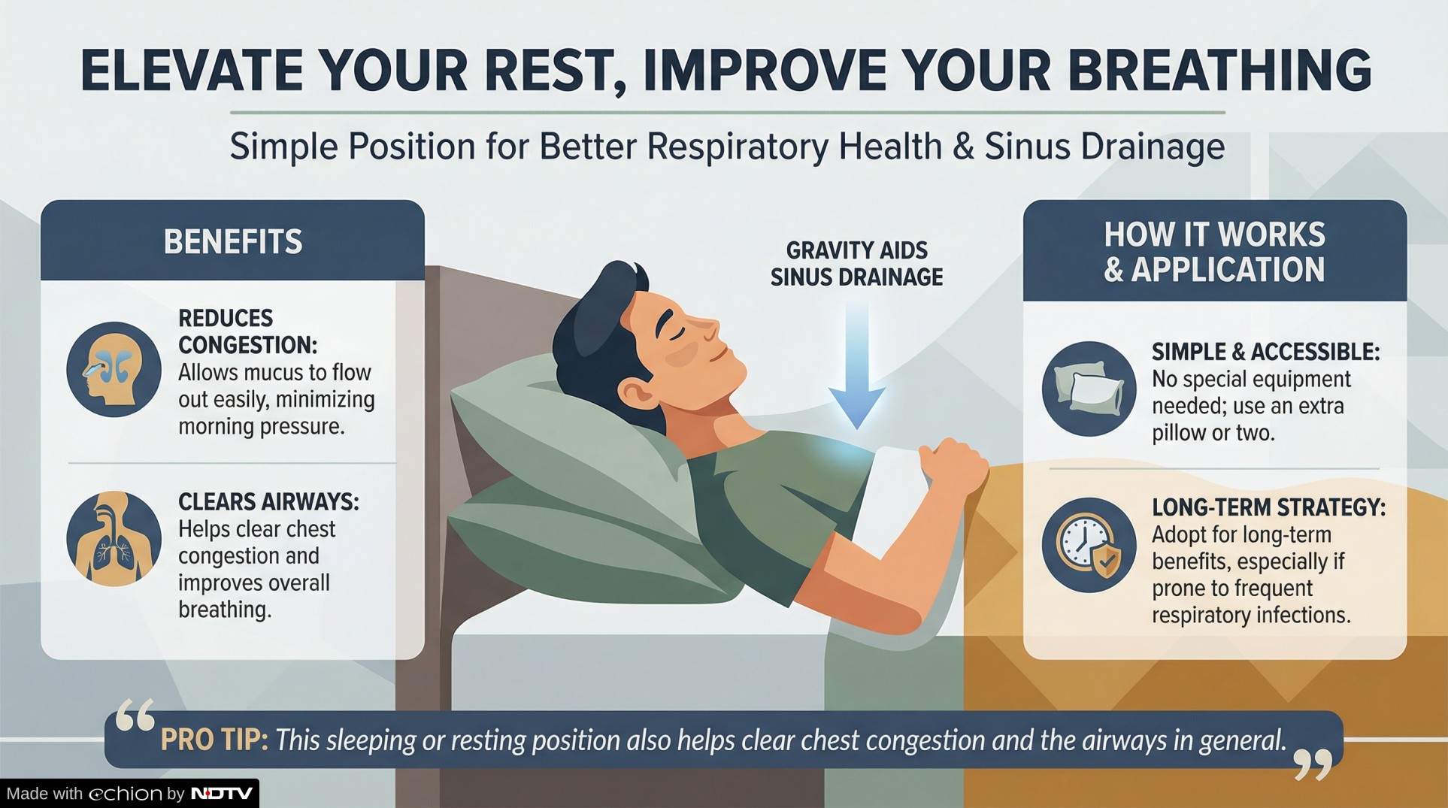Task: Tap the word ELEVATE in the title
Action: (191, 70)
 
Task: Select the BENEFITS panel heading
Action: (233, 242)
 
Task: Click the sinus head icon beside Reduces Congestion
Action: (114, 370)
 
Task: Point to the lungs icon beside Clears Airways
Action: (114, 539)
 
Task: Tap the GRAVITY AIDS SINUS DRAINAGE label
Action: (857, 264)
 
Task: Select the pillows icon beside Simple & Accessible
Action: (1089, 389)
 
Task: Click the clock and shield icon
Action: (1089, 545)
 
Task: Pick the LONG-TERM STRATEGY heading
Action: (1268, 507)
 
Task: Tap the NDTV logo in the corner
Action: (222, 794)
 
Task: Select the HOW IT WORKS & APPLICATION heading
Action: (1214, 252)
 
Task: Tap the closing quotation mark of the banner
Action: (1313, 764)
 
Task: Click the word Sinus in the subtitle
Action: (1027, 147)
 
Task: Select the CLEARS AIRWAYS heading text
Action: (268, 501)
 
